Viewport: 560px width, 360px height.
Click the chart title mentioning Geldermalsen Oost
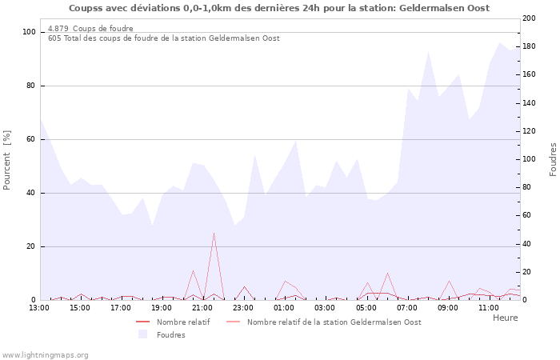coord(279,8)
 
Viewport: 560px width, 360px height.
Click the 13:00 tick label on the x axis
coord(39,307)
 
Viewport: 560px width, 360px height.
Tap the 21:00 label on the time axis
coord(203,307)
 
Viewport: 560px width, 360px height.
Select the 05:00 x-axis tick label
coord(366,307)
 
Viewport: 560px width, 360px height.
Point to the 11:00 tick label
coord(489,307)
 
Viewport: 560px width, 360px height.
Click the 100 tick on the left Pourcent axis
coord(29,32)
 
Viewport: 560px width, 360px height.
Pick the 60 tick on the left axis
coord(31,139)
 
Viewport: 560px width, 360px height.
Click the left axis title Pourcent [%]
coord(7,161)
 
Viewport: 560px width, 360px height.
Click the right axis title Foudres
coord(553,159)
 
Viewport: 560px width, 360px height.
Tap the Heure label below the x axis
coord(505,318)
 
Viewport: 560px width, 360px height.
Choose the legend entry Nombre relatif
coord(183,322)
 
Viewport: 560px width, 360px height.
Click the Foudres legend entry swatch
coord(143,334)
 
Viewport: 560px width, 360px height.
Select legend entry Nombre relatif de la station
coord(334,322)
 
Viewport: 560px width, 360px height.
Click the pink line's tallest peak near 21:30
coord(214,233)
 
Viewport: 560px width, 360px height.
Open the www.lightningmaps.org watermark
coord(45,354)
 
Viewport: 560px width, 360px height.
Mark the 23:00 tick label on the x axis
coord(244,307)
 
